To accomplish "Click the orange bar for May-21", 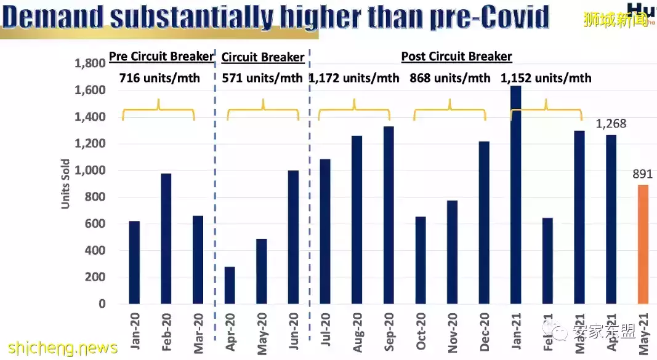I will click(643, 244).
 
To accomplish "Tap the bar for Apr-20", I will click(230, 285).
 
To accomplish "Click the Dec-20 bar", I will click(484, 223).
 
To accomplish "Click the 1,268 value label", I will click(611, 124).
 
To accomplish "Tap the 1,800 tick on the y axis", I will click(90, 63).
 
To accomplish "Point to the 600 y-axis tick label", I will click(95, 224).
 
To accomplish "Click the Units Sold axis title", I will click(66, 184).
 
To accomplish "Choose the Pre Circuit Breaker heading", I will click(161, 57).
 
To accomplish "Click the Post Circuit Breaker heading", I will click(456, 57).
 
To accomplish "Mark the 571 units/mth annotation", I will click(262, 78).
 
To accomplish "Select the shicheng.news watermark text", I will click(59, 348).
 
